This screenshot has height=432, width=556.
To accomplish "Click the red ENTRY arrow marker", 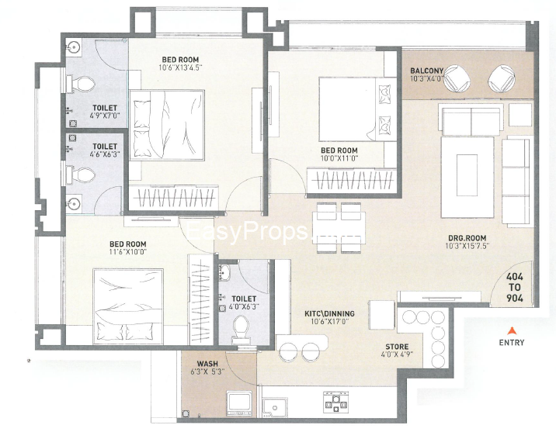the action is pos(511,331).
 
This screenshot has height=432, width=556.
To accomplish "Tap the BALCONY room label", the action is pos(426,71).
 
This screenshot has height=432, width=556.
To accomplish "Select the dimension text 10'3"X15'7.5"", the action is pos(467,246).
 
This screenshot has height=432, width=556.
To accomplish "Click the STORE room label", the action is pos(397,347).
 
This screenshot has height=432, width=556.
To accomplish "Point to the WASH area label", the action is pos(207,364).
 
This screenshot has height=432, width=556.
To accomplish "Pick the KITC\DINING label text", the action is pos(329,314).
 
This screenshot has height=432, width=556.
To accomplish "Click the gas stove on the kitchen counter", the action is pos(335,401).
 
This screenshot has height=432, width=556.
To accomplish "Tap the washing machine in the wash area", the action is pos(240,403).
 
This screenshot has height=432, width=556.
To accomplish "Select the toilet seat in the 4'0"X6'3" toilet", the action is pos(242,327).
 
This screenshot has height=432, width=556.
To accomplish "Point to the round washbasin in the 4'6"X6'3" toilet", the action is pos(75,204).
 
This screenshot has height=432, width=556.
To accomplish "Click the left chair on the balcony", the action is pos(457,78).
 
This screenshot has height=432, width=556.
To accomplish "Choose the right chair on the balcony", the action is pos(502,78).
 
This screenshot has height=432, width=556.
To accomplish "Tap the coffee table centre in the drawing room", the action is pos(467,175).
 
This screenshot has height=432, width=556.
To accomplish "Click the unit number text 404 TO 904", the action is pos(515,287).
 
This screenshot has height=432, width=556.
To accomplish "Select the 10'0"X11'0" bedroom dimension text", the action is pos(339,158).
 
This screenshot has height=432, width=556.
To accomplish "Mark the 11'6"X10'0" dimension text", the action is pos(128,252).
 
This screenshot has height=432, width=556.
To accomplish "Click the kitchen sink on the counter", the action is pos(274,406).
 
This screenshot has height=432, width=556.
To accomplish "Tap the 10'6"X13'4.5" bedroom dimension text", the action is pos(180,67).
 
